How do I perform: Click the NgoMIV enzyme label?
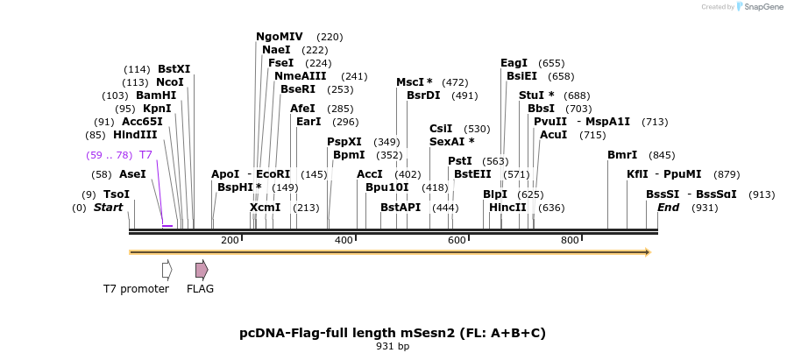click(x=279, y=37)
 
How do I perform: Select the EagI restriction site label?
click(x=514, y=63)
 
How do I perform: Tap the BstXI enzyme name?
click(x=174, y=69)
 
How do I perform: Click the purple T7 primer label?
click(x=145, y=155)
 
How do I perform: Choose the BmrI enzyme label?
click(x=622, y=155)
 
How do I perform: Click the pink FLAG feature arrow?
click(x=202, y=270)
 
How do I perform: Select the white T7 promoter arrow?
click(x=167, y=270)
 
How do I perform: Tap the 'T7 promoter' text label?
click(x=136, y=289)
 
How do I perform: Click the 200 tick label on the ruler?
click(x=230, y=240)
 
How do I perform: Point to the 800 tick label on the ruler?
click(x=570, y=240)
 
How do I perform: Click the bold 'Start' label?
click(x=109, y=208)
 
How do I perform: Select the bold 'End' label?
click(x=669, y=208)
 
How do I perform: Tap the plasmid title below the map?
click(x=393, y=333)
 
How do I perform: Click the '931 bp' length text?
click(x=393, y=347)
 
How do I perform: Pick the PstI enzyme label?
click(x=459, y=161)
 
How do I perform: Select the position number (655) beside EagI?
click(x=551, y=64)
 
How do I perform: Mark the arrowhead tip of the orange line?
click(x=649, y=252)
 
